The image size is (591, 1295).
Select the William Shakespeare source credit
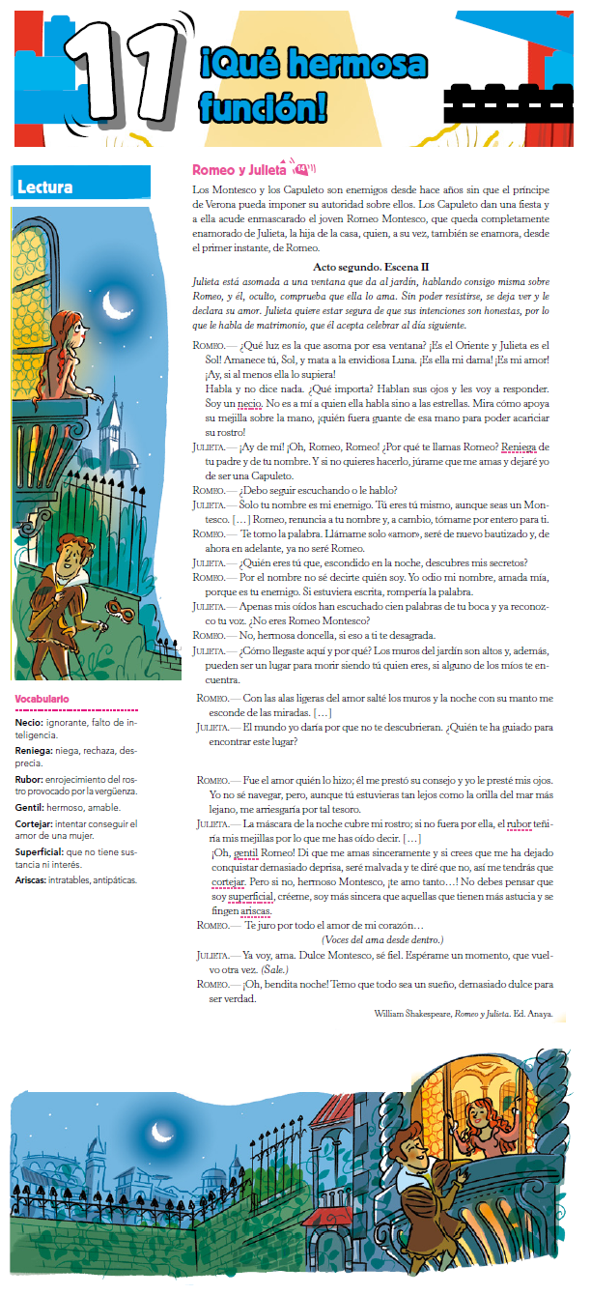click(464, 1013)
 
